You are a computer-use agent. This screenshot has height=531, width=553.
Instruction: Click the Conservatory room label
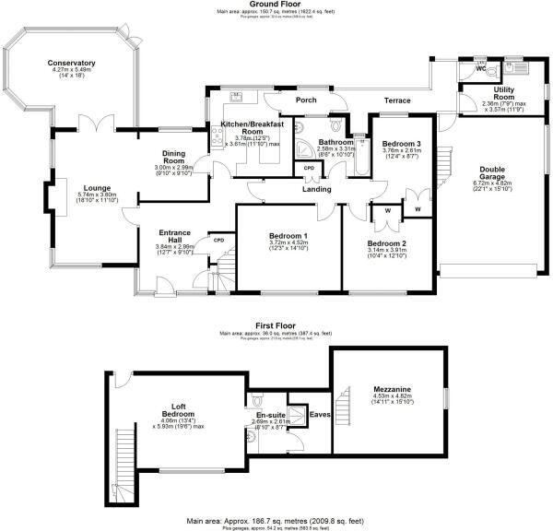tap(72, 64)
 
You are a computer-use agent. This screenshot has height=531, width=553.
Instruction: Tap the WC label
tap(481, 69)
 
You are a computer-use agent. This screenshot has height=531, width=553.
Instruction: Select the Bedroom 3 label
tap(402, 144)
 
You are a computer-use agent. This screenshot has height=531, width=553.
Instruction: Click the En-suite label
tap(269, 416)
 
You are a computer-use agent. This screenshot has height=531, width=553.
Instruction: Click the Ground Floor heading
tap(276, 4)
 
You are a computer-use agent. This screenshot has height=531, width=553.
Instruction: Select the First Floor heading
tap(276, 324)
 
